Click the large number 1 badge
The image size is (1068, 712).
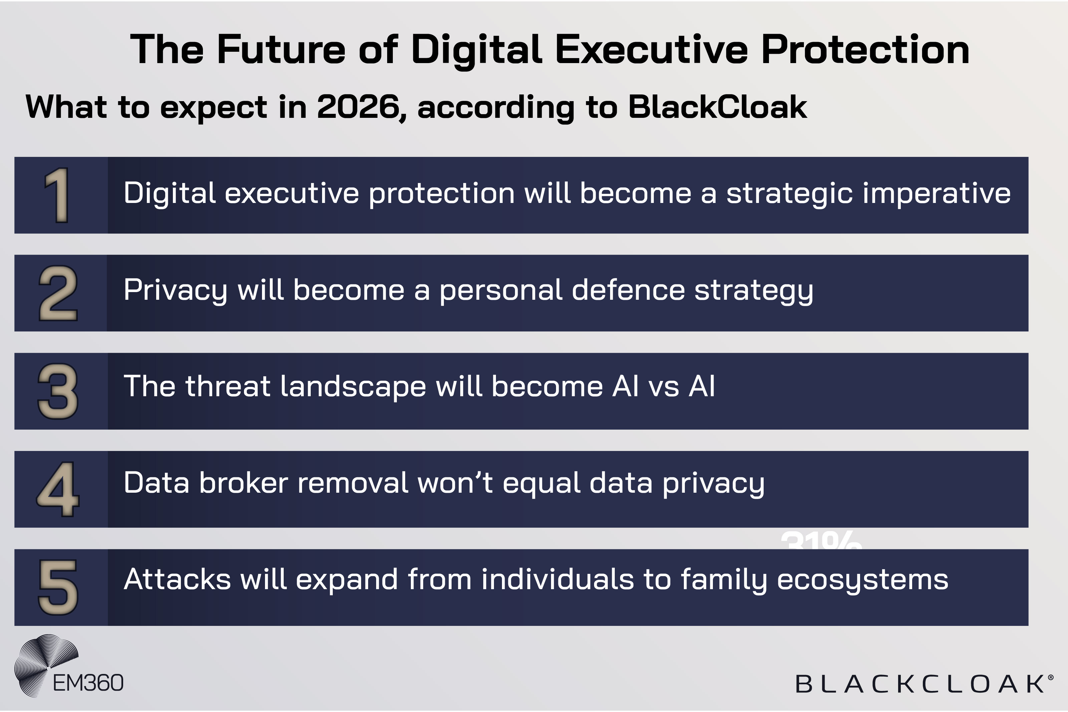(x=57, y=195)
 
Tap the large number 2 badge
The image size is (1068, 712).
(x=58, y=293)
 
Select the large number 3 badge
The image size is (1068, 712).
(x=58, y=392)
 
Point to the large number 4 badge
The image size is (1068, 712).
(x=58, y=489)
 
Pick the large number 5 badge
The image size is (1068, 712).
(x=58, y=587)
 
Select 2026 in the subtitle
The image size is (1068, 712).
(x=358, y=107)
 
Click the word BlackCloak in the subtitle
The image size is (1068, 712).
(x=717, y=107)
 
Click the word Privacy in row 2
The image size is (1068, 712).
(x=175, y=291)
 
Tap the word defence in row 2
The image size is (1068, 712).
(x=628, y=291)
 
